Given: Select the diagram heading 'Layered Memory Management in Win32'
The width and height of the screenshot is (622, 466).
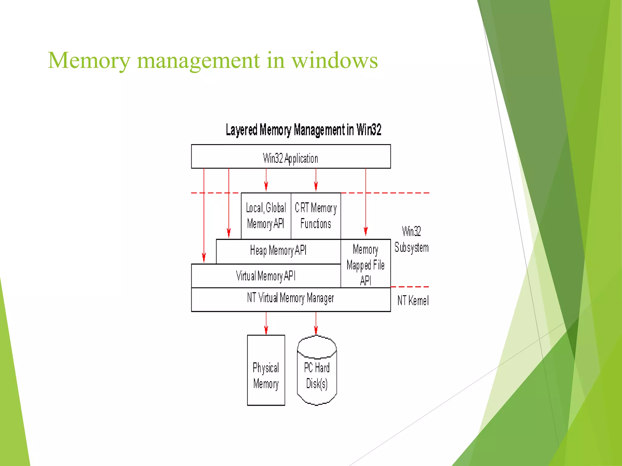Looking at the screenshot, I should click(x=303, y=130).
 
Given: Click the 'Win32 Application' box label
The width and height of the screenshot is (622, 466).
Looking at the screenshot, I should click(x=290, y=158).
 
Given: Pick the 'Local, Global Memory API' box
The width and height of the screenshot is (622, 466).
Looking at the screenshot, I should click(x=266, y=216).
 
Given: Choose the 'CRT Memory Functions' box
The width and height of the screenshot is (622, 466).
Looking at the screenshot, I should click(x=316, y=216).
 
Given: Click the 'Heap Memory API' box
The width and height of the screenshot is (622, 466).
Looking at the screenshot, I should click(x=278, y=251).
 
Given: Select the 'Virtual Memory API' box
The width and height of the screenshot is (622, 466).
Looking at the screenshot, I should click(x=266, y=276).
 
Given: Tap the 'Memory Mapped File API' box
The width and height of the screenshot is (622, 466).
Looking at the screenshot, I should click(x=365, y=265).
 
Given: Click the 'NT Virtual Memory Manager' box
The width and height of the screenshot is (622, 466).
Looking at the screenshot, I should click(x=290, y=299).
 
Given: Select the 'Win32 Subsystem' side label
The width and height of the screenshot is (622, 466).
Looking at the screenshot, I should click(x=412, y=239).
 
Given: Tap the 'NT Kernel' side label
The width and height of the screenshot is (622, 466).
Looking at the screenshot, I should click(x=413, y=301).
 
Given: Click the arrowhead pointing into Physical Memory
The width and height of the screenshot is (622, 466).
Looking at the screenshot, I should click(x=266, y=330).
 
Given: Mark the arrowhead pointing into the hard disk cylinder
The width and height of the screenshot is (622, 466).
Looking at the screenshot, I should click(x=316, y=330).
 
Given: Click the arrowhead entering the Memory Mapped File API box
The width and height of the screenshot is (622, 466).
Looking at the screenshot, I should click(x=366, y=231).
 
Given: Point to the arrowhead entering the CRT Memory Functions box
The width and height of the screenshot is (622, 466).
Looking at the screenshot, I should click(x=316, y=186).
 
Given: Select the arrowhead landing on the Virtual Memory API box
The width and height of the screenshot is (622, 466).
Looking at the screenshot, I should click(x=204, y=258).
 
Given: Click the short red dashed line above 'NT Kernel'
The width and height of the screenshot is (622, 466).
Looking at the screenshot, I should click(x=410, y=287).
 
